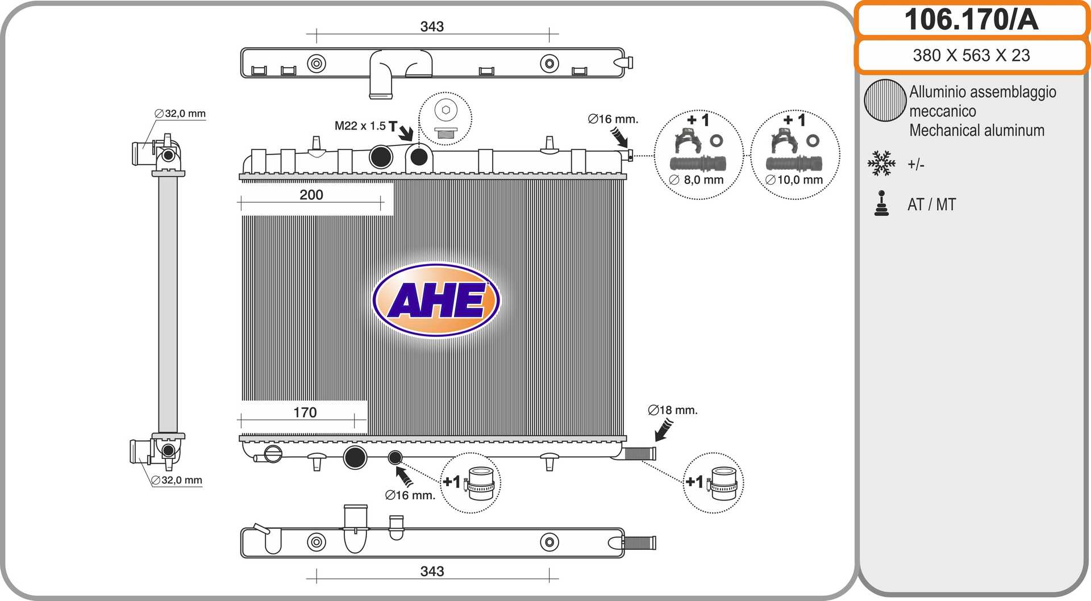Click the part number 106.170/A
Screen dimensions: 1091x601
(x=971, y=19)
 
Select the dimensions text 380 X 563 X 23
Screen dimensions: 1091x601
(x=971, y=55)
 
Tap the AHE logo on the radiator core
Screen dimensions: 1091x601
(x=436, y=300)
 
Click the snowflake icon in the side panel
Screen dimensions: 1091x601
(x=881, y=163)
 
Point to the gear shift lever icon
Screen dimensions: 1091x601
(x=881, y=203)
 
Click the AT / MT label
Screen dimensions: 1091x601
(x=932, y=204)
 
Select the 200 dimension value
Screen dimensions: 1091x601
(x=311, y=195)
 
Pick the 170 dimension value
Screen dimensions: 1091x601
(x=305, y=412)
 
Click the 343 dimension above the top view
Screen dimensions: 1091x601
(x=432, y=27)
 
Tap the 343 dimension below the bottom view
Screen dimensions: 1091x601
(x=432, y=571)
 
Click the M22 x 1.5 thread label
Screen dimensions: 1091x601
(x=360, y=126)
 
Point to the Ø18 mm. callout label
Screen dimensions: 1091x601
(x=673, y=410)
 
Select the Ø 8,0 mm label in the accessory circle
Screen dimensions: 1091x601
(x=697, y=180)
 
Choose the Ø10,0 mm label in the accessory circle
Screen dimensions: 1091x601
(x=794, y=180)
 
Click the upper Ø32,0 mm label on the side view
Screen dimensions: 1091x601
(x=180, y=114)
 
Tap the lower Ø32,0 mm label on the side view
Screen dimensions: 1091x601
(x=177, y=480)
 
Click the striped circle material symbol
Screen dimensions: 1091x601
(x=885, y=101)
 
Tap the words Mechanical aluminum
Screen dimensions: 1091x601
(x=977, y=131)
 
